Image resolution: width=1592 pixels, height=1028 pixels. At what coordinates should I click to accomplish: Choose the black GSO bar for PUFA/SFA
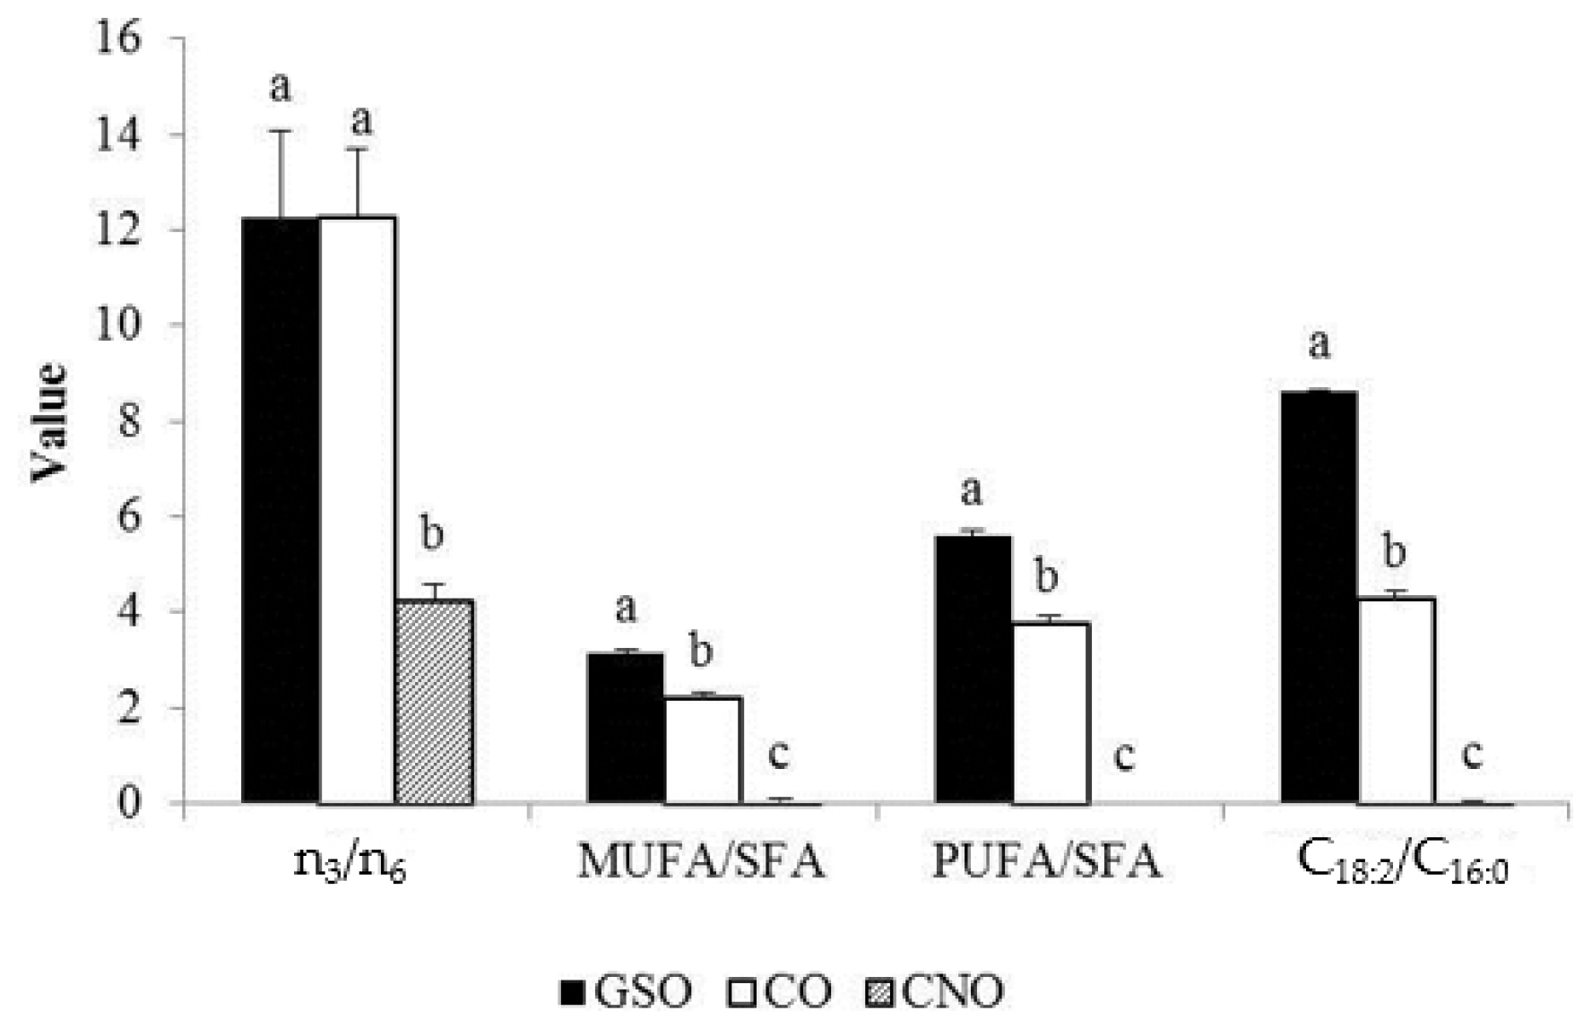coord(973,669)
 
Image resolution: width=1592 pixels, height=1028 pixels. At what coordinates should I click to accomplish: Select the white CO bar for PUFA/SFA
coord(1051,713)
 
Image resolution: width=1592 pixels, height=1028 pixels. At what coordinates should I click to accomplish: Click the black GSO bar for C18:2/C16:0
coord(1319,596)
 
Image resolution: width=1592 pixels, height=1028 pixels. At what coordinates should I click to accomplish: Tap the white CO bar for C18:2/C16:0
coord(1397,700)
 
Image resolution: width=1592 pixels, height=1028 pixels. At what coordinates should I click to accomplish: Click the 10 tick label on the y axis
coord(118,324)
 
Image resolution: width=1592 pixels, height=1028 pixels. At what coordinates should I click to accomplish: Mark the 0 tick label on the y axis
coord(130,802)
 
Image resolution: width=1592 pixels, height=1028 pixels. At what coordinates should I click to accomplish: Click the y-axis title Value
coord(49,421)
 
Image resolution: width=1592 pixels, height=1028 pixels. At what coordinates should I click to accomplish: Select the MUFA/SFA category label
coord(701,862)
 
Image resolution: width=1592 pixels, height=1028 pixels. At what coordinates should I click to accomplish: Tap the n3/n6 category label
coord(350,864)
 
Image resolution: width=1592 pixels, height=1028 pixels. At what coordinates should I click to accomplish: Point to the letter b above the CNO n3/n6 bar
coord(432,534)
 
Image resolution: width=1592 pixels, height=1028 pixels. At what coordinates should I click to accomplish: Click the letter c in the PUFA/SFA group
coord(1124,756)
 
